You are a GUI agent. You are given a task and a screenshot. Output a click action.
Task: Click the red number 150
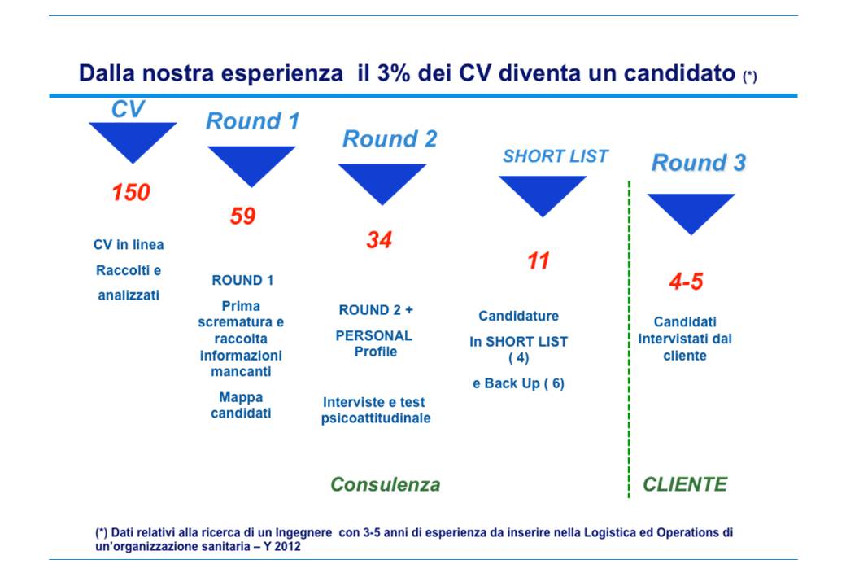tap(131, 192)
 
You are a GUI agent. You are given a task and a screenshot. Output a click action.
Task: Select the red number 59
tap(242, 216)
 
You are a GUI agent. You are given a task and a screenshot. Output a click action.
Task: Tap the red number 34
tap(379, 239)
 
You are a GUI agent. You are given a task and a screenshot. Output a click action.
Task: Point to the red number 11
tap(539, 260)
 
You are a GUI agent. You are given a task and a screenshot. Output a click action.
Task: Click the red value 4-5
tap(687, 281)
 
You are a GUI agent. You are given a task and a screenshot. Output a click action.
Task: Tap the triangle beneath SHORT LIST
tap(543, 196)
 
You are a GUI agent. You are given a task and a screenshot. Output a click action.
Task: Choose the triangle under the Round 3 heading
tap(691, 214)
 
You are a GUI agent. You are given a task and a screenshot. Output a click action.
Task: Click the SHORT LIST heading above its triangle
tap(555, 156)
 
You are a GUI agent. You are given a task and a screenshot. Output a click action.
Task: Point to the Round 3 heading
tap(699, 163)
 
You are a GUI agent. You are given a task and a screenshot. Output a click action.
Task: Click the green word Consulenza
tap(386, 484)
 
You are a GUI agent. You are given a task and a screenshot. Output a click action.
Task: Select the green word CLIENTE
tap(685, 484)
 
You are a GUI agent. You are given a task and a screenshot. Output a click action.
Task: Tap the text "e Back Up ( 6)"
tap(518, 383)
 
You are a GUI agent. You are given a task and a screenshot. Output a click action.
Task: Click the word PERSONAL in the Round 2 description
tap(374, 335)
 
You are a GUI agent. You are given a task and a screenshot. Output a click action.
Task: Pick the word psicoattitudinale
tap(376, 418)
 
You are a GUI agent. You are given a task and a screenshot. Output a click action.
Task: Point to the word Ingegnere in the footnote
tap(303, 532)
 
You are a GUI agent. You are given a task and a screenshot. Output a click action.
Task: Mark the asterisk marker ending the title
tap(750, 77)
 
